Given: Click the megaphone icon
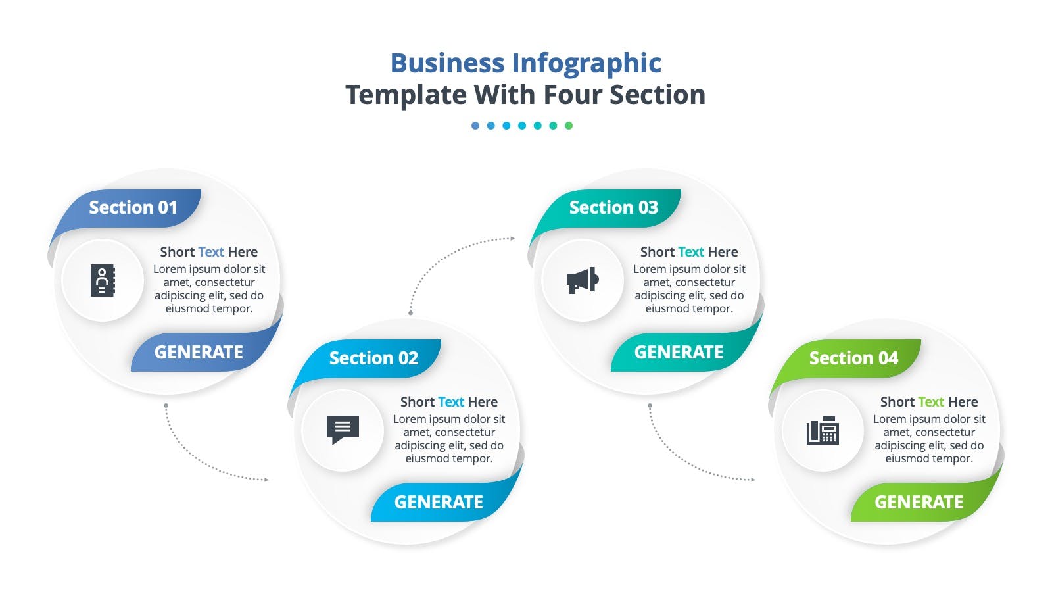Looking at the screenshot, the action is (583, 280).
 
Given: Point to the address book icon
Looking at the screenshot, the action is (103, 280).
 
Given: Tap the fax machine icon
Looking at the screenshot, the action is (823, 430).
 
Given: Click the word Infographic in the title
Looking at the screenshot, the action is (586, 63).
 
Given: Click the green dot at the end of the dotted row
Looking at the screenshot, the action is (569, 126).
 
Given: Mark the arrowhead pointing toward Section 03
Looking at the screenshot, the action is (513, 239).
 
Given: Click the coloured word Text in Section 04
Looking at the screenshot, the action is (931, 402).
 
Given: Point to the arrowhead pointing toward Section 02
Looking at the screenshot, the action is (266, 480).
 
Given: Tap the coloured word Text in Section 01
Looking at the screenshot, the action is (211, 252).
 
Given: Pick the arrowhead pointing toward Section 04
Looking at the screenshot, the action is (753, 480).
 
